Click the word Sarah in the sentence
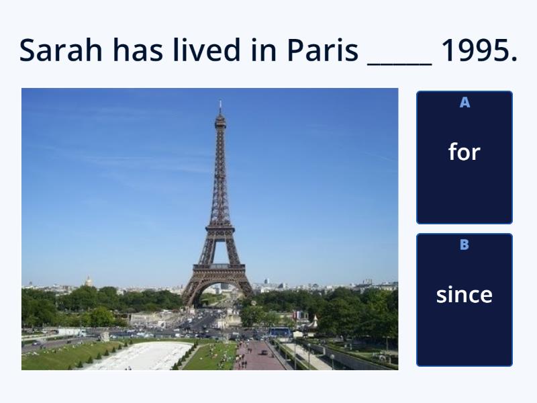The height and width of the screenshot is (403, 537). [60, 50]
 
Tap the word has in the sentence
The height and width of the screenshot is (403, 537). [138, 50]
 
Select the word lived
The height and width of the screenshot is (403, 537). [207, 50]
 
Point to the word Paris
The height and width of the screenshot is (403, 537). [322, 50]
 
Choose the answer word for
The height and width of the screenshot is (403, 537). [465, 152]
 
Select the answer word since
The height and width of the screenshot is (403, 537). [465, 294]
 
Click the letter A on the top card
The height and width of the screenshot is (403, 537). [465, 103]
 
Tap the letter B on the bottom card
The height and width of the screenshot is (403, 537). [465, 244]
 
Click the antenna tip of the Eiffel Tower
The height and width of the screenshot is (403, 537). [220, 101]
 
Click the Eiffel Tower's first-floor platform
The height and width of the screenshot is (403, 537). [219, 267]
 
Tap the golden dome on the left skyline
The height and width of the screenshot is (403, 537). [89, 281]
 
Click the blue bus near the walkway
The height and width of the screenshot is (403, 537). [280, 332]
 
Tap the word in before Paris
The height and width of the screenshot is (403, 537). [264, 50]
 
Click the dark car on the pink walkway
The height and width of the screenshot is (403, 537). [264, 352]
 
